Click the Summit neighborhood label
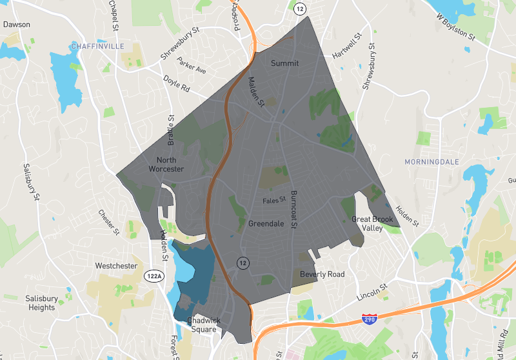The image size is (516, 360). [284, 63]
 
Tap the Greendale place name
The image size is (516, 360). [266, 224]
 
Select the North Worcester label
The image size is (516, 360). [166, 165]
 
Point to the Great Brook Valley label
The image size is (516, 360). [372, 223]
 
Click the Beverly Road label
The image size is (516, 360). [322, 274]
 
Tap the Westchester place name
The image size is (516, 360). [116, 266]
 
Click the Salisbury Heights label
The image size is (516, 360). [41, 303]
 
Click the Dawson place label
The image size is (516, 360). [17, 25]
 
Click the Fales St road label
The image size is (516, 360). [274, 201]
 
